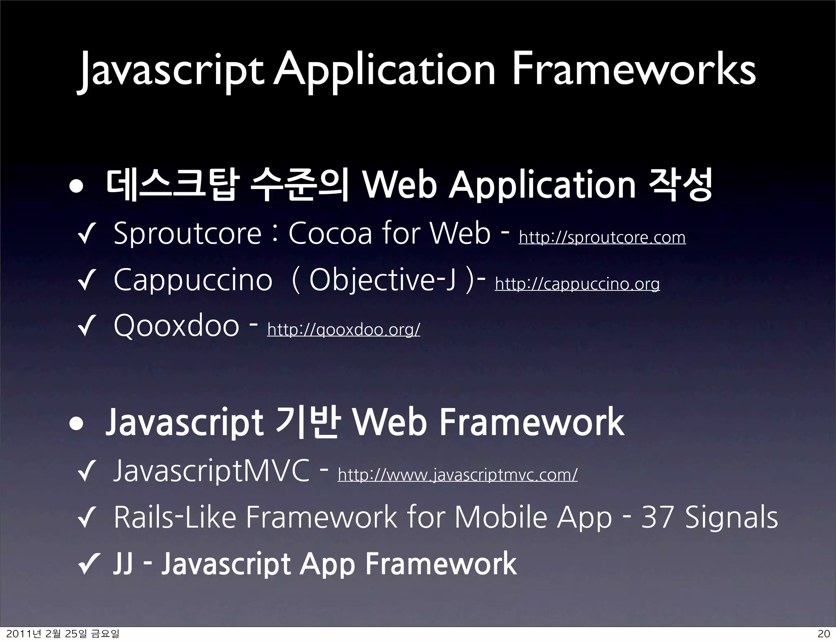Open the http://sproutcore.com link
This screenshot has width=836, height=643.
[x=602, y=237]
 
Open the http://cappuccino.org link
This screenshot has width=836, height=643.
[x=577, y=284]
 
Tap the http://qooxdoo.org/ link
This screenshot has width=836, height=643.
[x=343, y=329]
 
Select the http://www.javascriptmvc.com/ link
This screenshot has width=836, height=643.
[x=457, y=474]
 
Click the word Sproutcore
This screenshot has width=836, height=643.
[x=187, y=233]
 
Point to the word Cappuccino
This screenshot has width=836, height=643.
[x=193, y=280]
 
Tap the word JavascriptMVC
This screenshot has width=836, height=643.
[x=211, y=471]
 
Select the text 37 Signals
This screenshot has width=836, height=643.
[x=709, y=517]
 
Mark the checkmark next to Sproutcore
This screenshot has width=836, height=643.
[x=86, y=237]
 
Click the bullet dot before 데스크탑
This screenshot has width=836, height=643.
[x=77, y=187]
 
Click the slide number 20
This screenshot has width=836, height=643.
[x=824, y=634]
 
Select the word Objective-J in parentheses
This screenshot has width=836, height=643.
[x=382, y=280]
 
